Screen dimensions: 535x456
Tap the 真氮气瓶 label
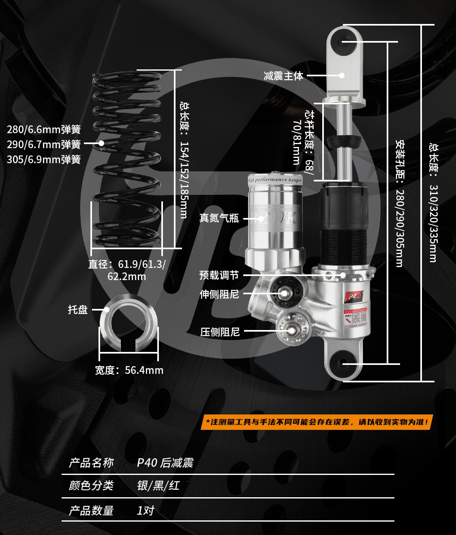[x=219, y=218]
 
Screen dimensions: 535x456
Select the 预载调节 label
[x=219, y=275]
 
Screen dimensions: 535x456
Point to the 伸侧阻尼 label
[x=219, y=294]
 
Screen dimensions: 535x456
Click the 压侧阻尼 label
[x=220, y=332]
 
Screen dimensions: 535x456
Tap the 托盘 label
[x=78, y=310]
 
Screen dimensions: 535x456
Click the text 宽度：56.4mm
[x=129, y=370]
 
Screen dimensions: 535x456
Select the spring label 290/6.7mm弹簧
[x=44, y=145]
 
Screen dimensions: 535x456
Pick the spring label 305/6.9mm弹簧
[x=44, y=160]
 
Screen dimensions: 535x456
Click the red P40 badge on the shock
[x=354, y=296]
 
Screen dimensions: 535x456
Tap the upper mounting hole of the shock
[x=344, y=41]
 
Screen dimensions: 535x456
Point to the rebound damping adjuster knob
[x=284, y=293]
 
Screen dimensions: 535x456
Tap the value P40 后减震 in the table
[x=165, y=463]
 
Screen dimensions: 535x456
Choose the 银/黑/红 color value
[x=158, y=485]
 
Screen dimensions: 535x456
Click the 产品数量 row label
[x=91, y=510]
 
